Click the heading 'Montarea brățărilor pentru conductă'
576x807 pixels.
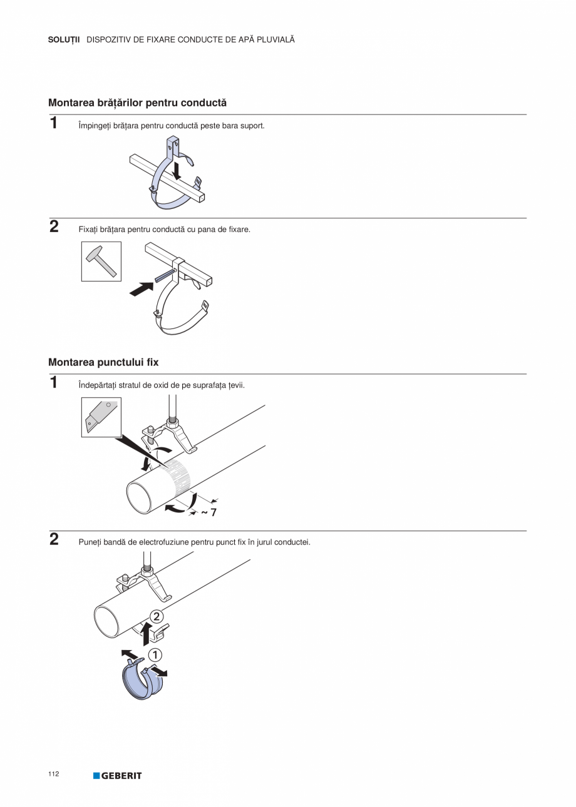point(137,102)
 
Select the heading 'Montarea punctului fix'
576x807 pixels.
point(103,362)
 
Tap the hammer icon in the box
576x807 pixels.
point(101,261)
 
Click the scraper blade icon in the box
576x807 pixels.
point(100,417)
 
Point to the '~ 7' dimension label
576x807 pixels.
point(208,512)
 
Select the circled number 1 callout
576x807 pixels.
point(154,655)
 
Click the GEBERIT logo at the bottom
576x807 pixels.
point(118,776)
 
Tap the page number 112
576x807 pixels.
point(53,774)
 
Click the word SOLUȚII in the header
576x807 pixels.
point(64,39)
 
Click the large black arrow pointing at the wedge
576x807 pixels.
point(142,288)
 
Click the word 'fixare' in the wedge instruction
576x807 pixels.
point(238,230)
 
